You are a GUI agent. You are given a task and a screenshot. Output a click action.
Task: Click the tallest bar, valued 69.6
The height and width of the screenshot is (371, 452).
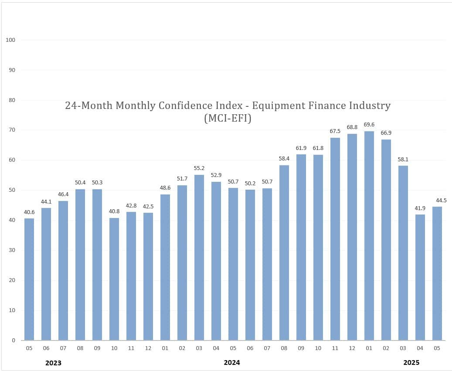coord(369,235)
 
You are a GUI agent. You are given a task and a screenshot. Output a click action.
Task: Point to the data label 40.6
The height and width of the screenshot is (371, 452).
coord(29,212)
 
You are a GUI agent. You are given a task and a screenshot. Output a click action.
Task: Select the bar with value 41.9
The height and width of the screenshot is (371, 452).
coord(420,277)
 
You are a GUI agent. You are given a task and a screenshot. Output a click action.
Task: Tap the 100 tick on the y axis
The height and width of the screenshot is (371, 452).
coord(11,40)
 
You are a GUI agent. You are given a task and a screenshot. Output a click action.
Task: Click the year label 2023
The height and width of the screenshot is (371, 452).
coord(53,363)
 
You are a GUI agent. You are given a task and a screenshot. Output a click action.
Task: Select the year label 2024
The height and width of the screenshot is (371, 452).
coord(232,363)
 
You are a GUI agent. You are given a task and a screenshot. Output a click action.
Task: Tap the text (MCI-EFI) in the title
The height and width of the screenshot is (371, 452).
coord(228,118)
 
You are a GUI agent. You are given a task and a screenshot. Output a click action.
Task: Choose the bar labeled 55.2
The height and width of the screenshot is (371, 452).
coord(199,257)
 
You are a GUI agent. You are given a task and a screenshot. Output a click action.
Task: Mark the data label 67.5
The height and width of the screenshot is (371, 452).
coord(335,131)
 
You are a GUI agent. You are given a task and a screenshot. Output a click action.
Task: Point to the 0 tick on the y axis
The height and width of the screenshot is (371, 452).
coord(14,340)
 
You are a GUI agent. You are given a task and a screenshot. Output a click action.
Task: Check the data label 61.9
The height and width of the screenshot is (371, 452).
coord(301,148)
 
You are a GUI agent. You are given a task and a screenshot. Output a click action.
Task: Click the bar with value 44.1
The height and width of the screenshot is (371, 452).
coord(46,274)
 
